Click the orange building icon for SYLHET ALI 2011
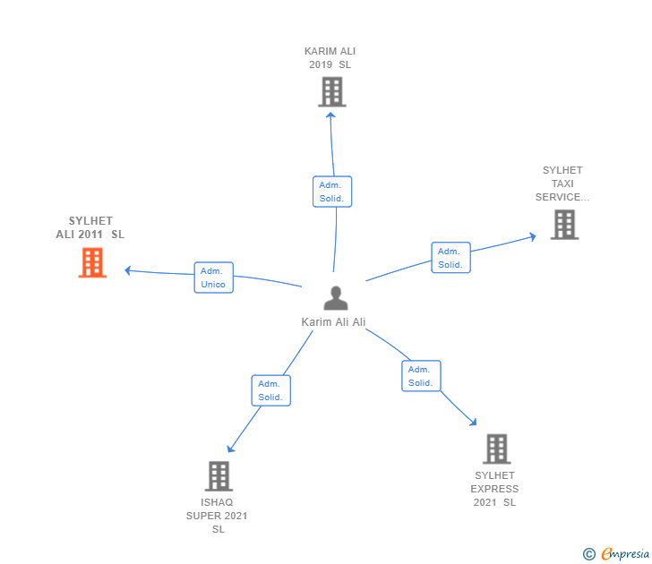point(92,262)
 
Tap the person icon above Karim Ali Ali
point(336,298)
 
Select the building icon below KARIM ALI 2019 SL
point(332,92)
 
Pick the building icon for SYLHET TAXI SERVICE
point(564,225)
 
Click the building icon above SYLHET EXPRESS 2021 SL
point(496,449)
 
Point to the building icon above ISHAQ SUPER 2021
point(219,476)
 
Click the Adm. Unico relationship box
point(214,278)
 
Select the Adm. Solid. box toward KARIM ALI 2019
point(332,192)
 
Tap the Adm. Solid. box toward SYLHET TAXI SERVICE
point(450,258)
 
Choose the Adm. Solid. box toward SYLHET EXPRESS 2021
point(421,376)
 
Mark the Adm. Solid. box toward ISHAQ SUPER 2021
point(271,390)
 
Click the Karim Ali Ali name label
point(333,322)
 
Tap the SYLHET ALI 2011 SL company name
point(90,227)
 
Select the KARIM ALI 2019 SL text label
point(330,58)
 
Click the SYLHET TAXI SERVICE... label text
point(562,184)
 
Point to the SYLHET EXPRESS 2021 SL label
point(494,489)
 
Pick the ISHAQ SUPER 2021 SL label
point(217,516)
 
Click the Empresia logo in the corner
point(616,554)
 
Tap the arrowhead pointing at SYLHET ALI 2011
point(128,270)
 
